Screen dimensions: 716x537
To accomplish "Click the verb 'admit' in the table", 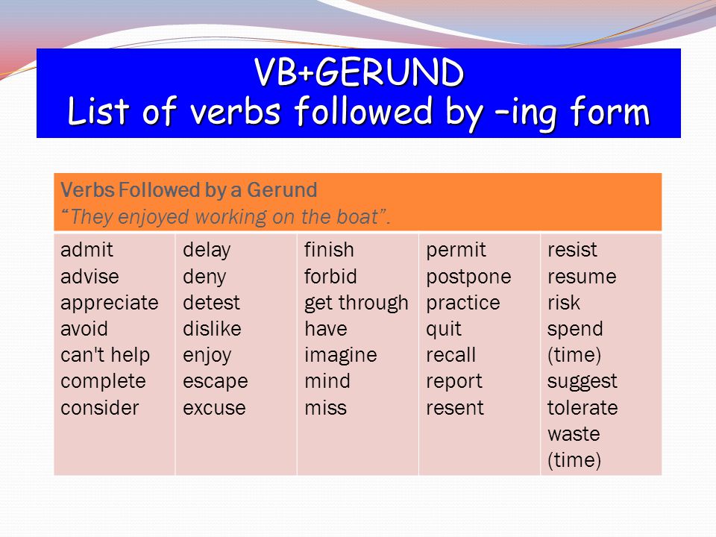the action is tap(87, 250).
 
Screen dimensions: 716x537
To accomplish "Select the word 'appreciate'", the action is tap(110, 304).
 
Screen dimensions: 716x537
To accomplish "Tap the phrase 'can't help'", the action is tap(105, 355).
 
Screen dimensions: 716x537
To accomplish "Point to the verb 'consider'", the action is tap(99, 408).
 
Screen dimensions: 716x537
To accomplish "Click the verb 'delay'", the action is tap(207, 251).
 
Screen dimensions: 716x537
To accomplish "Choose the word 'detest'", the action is tap(211, 303).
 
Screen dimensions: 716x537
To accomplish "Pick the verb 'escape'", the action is tap(216, 382).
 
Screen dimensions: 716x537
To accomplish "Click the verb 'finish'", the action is tap(329, 250).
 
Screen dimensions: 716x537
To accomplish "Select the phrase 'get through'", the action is tap(357, 304).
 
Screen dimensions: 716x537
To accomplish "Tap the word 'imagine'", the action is tap(341, 356).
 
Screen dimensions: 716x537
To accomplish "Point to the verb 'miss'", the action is tap(326, 408).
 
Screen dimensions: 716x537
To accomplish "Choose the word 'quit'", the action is tap(443, 330).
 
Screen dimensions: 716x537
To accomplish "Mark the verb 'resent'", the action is tap(455, 408).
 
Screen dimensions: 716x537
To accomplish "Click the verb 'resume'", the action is tap(582, 277).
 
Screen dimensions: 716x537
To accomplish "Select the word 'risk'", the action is tap(564, 303).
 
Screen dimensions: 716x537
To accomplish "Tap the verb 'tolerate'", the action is tap(582, 408).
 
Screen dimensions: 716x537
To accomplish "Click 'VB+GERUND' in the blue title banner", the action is tap(359, 72).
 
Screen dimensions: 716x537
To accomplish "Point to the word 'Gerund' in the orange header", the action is tap(282, 190).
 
